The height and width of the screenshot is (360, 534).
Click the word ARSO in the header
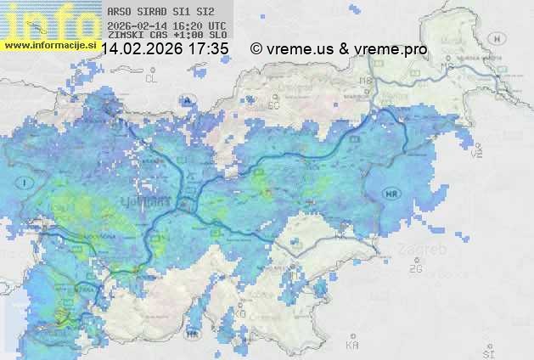119,13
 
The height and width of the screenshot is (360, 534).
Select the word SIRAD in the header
150,13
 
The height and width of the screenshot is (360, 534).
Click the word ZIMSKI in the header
124,36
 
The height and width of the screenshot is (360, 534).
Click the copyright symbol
256,49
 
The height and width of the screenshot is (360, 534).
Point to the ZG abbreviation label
415,269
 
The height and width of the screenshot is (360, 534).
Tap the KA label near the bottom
352,346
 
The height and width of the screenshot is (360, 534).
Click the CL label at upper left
151,78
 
